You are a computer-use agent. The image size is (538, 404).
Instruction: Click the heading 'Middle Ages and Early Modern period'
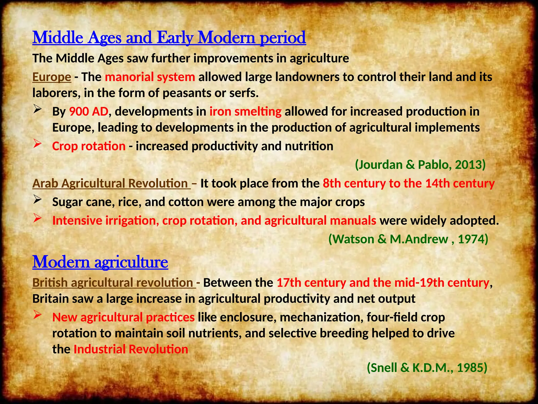click(x=169, y=38)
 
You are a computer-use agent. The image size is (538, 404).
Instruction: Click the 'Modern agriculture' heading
click(x=100, y=262)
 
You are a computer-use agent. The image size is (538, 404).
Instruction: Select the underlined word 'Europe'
click(x=52, y=77)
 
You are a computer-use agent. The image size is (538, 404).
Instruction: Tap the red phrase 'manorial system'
click(x=150, y=77)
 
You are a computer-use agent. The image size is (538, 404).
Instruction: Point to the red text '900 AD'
click(x=89, y=112)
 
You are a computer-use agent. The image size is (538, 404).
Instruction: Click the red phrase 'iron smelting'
click(x=245, y=112)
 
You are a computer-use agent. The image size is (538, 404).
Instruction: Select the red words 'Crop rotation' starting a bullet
click(x=89, y=146)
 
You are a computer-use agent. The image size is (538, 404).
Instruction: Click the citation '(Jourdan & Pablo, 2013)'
click(x=420, y=165)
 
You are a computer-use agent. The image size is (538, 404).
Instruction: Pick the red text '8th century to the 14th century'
click(x=408, y=184)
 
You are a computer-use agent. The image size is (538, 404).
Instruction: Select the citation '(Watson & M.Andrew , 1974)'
click(x=408, y=239)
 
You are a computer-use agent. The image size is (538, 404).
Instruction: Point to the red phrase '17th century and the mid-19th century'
click(x=383, y=283)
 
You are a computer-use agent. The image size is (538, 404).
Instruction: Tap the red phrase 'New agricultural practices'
click(x=123, y=317)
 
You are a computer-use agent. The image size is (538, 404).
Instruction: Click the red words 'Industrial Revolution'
click(x=131, y=350)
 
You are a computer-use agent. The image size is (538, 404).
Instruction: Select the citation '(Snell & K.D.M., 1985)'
click(x=427, y=368)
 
